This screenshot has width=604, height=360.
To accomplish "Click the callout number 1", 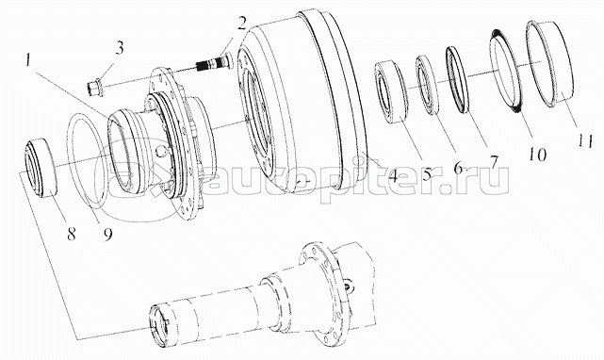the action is point(27,60).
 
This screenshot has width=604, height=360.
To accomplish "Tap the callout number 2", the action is point(241,24).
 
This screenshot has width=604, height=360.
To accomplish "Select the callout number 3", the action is point(120,48).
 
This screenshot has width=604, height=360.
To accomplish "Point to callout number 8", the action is point(72,233).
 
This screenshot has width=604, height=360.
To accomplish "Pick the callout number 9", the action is point(107,233).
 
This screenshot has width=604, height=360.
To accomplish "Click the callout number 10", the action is point(537,155).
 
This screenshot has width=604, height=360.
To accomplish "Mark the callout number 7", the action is point(494,160).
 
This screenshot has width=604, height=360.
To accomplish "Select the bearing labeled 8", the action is point(41,170).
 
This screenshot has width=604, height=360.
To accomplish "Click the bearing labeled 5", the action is point(393,92).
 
